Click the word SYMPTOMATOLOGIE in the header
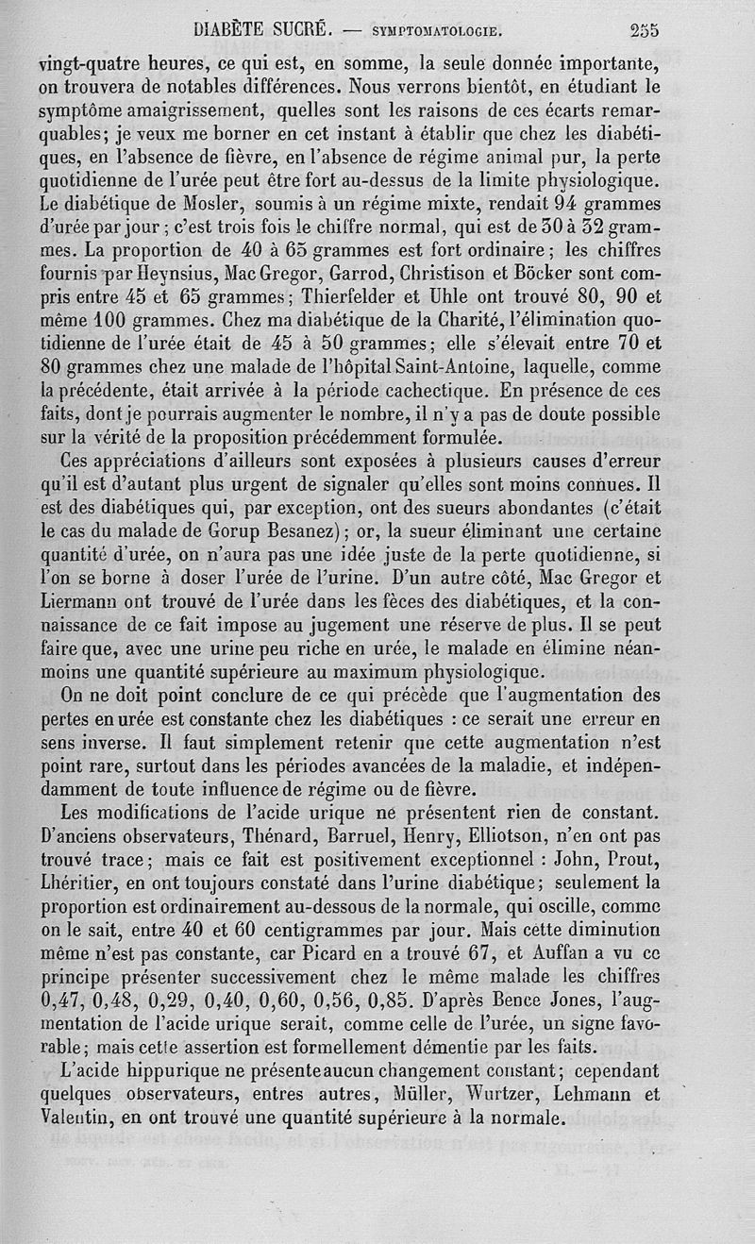pos(435,30)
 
